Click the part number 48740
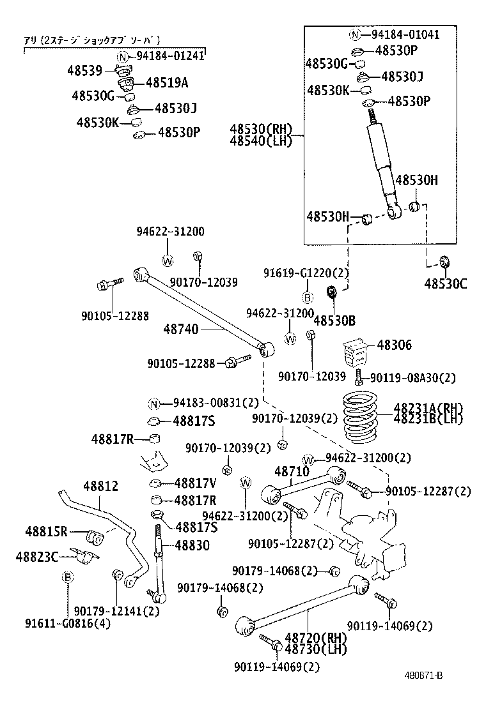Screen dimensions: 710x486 click(x=181, y=329)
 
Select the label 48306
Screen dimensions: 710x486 click(x=395, y=345)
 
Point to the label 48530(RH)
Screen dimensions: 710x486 click(x=261, y=129)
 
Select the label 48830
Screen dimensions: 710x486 click(x=192, y=545)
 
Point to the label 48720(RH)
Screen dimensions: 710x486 click(x=315, y=638)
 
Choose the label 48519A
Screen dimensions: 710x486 click(x=167, y=82)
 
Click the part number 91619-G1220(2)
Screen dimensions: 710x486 click(x=306, y=273)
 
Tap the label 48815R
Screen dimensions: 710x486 click(x=47, y=531)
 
